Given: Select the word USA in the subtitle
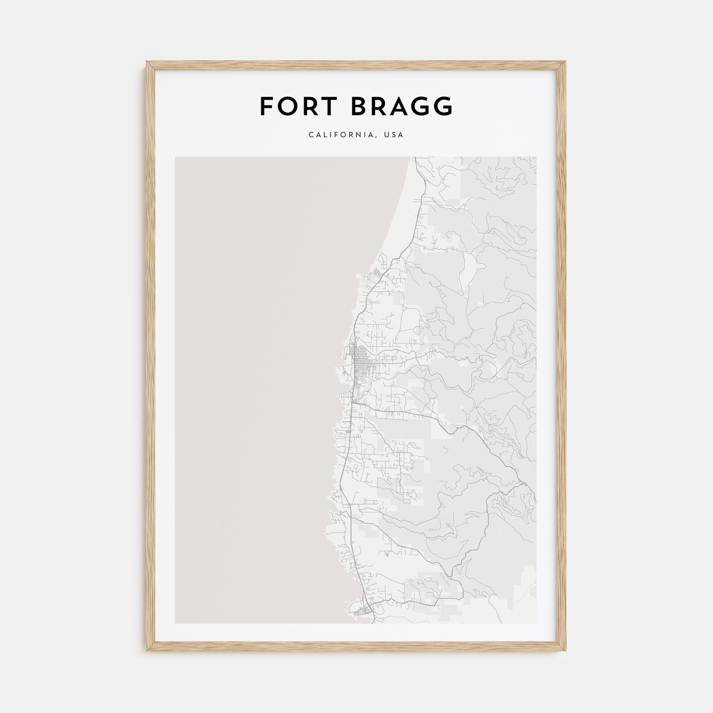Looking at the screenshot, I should coord(394,135).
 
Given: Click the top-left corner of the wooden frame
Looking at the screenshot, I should coord(147,62).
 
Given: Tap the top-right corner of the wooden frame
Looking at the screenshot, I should coord(566,62).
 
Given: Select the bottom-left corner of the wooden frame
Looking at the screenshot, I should coord(147,650).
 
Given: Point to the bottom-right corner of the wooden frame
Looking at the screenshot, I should coord(566,650).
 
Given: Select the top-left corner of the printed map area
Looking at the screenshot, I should coord(175,157).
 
